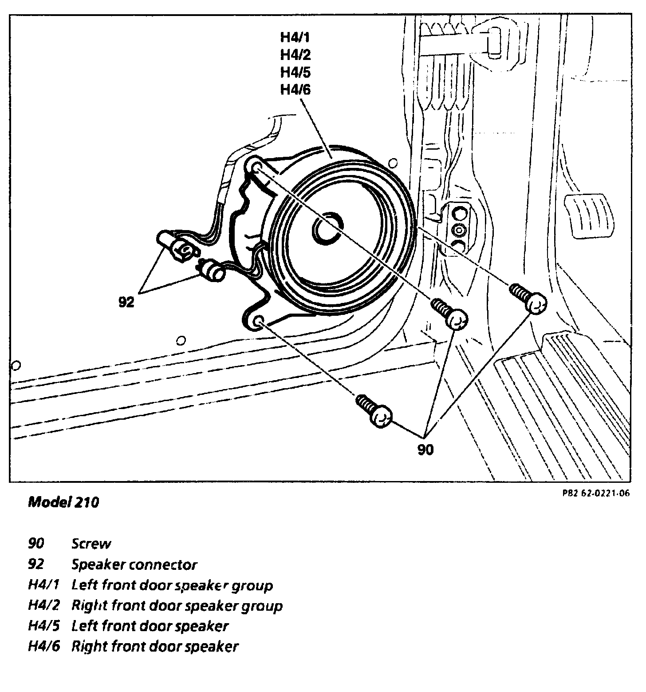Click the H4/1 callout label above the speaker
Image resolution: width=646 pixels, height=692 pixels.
pos(295,37)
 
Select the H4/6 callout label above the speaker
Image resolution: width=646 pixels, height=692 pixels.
pos(295,90)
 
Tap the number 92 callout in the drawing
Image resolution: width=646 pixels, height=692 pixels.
pos(126,302)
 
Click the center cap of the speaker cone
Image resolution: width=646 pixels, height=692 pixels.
pos(327,229)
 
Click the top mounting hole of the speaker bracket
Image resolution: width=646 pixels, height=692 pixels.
pos(257,167)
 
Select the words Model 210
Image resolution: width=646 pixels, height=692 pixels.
pos(63,502)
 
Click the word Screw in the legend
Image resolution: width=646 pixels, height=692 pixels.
pos(91,544)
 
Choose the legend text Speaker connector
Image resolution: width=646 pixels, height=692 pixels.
pos(134,565)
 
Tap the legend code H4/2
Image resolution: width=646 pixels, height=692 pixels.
pos(43,605)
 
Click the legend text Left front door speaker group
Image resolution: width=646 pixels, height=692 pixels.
pos(172,585)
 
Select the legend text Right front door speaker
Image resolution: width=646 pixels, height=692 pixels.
pos(155,646)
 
